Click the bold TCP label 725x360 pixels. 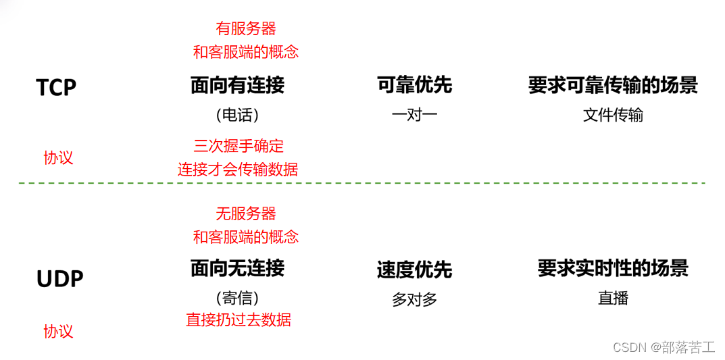[56, 87]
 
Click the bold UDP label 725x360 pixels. [59, 278]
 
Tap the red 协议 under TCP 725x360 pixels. [58, 158]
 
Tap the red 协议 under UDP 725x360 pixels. [58, 331]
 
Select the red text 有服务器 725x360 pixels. [246, 28]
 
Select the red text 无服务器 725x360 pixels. [246, 213]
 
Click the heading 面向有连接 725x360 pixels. [237, 85]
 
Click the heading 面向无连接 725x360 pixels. [237, 268]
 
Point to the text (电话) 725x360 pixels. [237, 115]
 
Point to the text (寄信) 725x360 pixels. [237, 298]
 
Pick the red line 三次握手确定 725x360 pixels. [239, 146]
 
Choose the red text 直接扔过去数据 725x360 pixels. [239, 319]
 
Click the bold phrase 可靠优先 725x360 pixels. [414, 85]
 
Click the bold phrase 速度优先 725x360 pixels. [414, 270]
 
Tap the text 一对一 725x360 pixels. [414, 114]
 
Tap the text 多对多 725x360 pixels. [414, 299]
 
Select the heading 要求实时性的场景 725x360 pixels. [613, 268]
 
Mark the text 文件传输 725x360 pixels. [613, 115]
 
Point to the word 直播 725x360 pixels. [613, 298]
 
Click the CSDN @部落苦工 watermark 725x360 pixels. [664, 346]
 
